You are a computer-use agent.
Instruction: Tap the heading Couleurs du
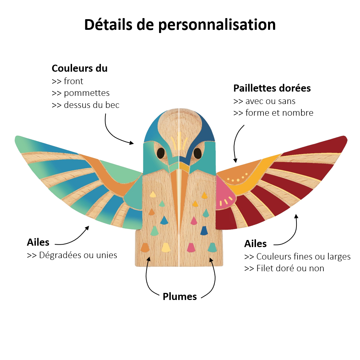tap(80, 68)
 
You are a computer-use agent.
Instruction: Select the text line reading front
tap(73, 81)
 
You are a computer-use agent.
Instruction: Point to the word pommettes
tap(87, 93)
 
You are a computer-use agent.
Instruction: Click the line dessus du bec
tap(92, 105)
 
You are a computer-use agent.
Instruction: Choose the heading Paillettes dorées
tap(272, 88)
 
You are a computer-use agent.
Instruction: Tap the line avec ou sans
tap(270, 101)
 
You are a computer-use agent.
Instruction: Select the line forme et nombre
tap(279, 113)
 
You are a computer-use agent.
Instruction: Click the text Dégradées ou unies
tap(78, 255)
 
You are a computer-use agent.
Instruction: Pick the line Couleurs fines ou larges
tap(303, 256)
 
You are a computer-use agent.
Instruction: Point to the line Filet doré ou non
tap(290, 268)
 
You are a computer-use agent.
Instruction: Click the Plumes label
tap(180, 296)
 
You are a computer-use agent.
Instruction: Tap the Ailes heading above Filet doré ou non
tap(255, 244)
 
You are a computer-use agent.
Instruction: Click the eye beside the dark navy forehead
tap(197, 153)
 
